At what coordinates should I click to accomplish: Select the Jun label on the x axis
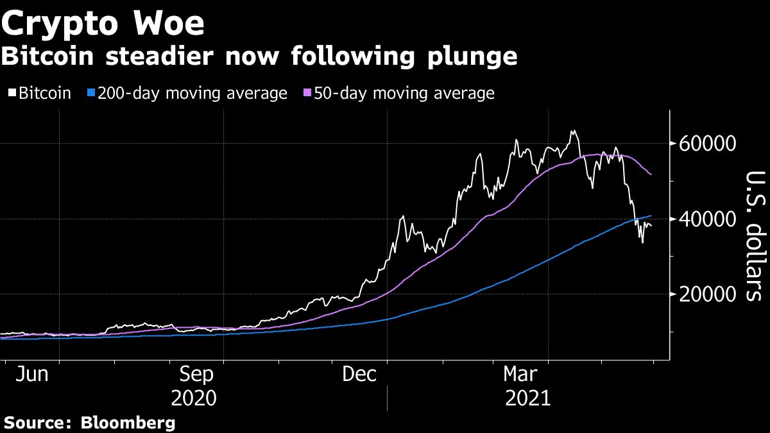28,374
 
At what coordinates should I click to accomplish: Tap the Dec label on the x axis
359,374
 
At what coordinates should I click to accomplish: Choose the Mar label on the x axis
520,374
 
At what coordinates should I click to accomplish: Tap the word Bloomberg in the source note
128,423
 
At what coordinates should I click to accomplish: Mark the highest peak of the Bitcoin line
573,131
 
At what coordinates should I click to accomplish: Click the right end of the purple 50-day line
652,174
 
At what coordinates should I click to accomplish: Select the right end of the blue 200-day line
652,216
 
